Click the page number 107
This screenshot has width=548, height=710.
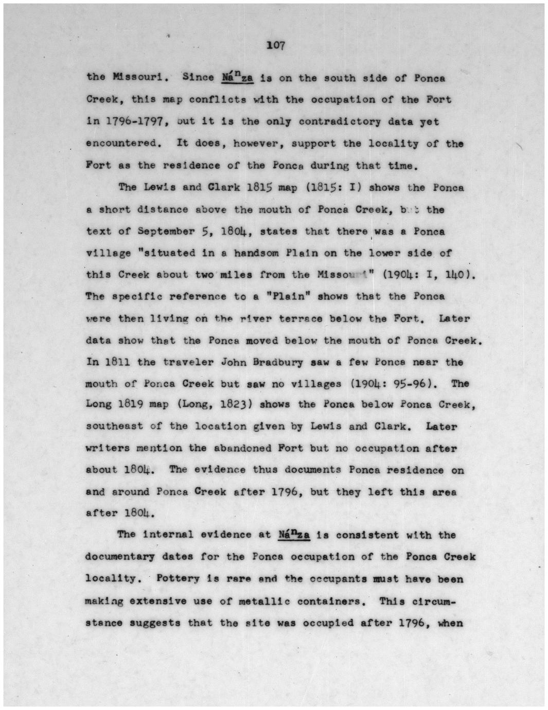coord(275,45)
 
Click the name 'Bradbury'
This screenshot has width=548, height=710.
coord(277,362)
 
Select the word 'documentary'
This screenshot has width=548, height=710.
coord(120,557)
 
